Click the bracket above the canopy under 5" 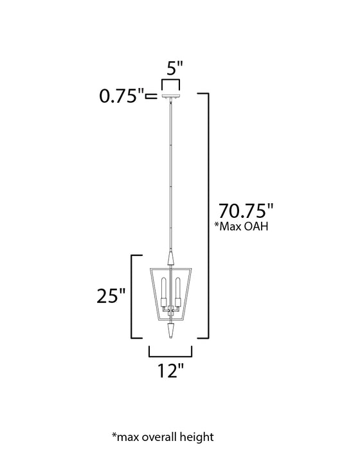(x=170, y=82)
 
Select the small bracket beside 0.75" (x=151, y=97)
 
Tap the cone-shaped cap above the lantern (x=170, y=260)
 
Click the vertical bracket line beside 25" (x=132, y=296)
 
